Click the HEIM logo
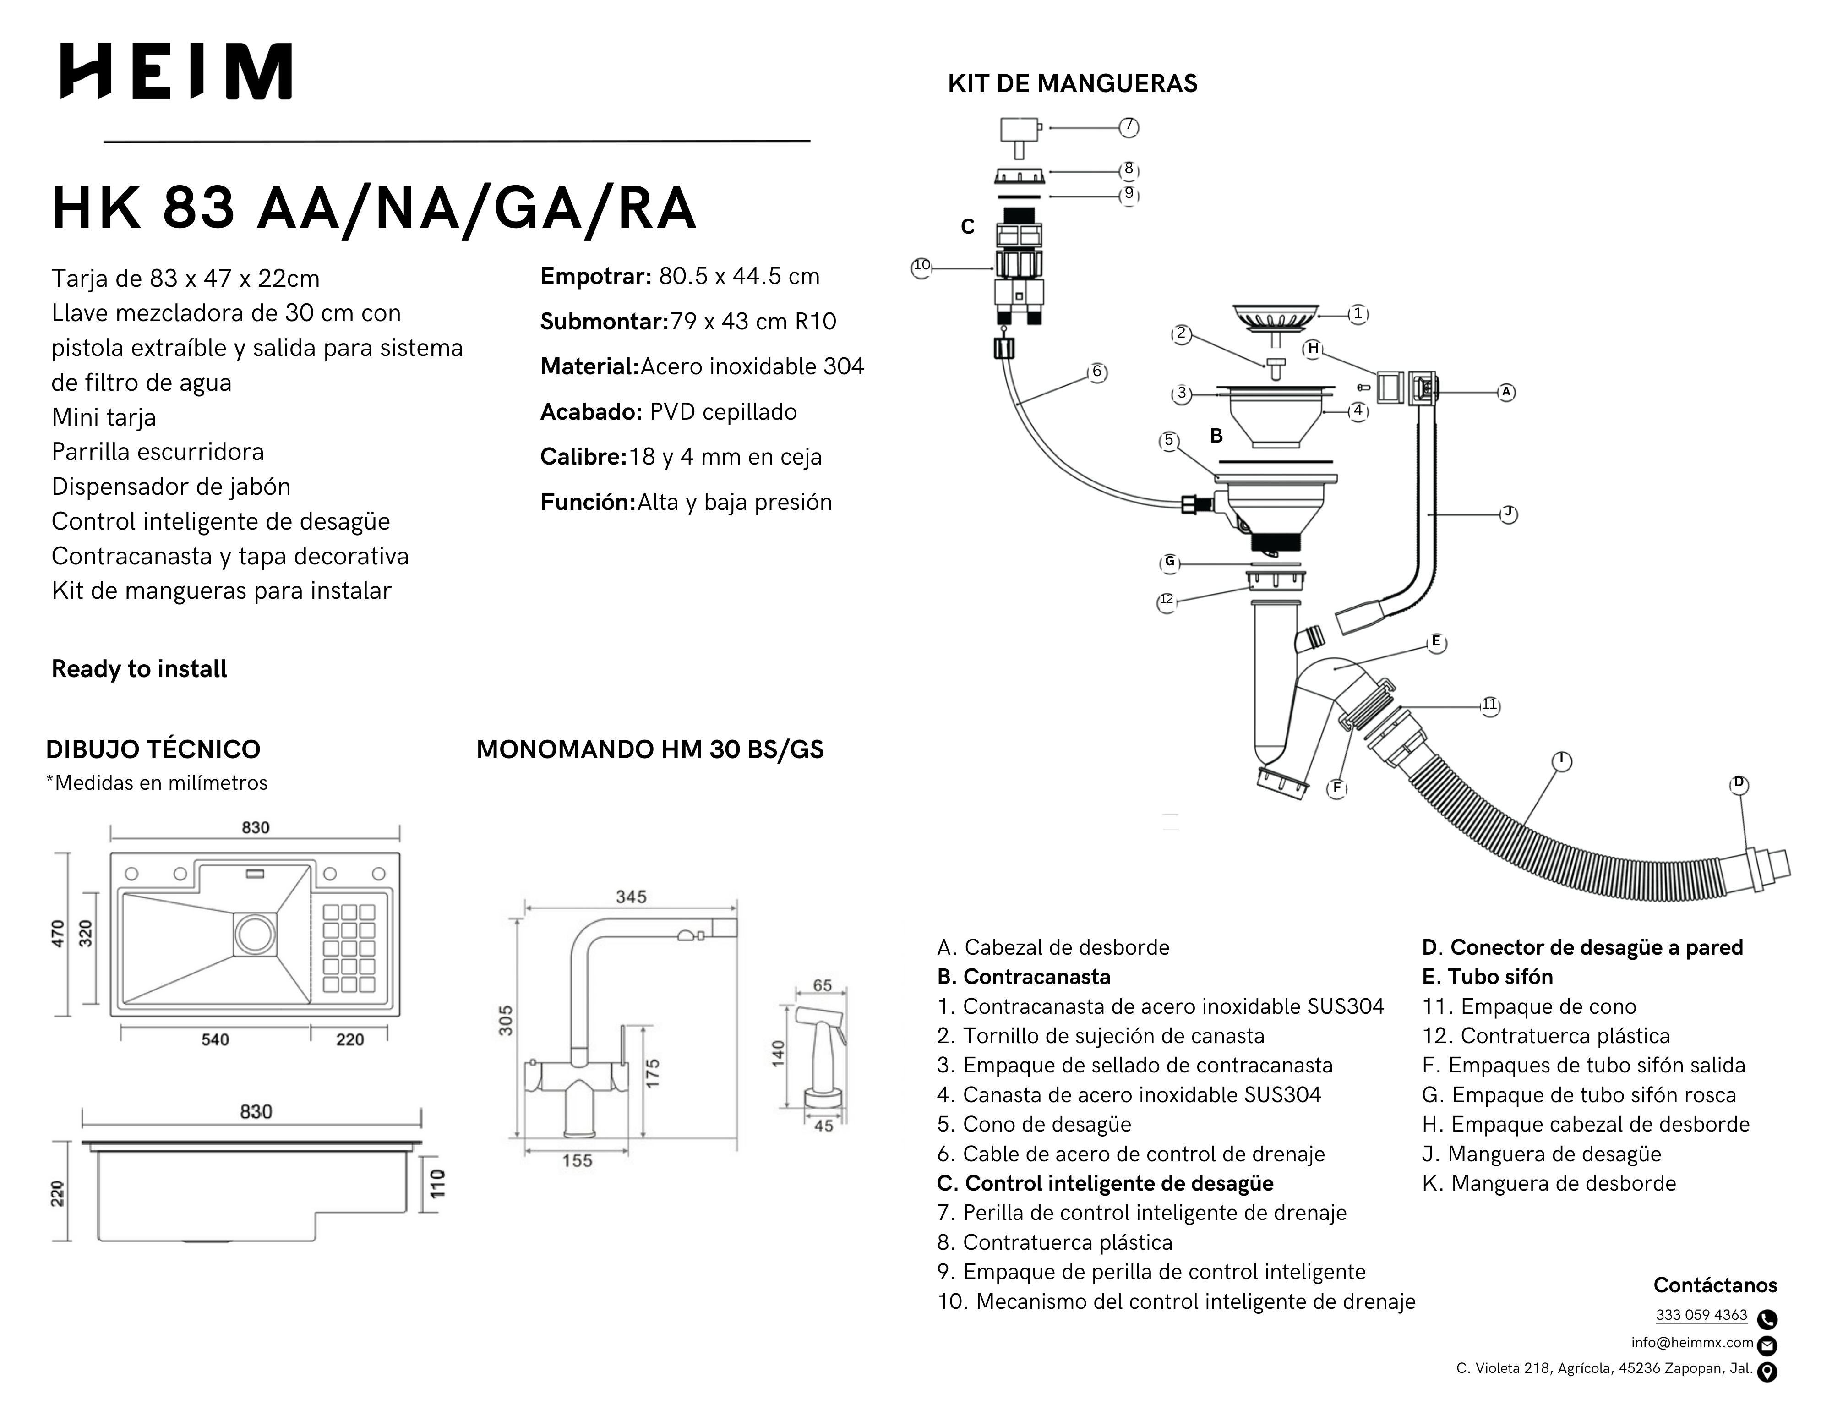tap(176, 71)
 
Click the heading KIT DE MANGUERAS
tap(1072, 84)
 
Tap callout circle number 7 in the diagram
tap(1129, 127)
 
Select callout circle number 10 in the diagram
tap(921, 267)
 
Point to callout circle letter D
tap(1739, 783)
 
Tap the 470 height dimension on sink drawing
tap(58, 934)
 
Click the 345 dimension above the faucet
tap(631, 897)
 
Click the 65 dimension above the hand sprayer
tap(822, 985)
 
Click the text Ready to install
tap(139, 668)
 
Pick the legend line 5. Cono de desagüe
tap(1034, 1124)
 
